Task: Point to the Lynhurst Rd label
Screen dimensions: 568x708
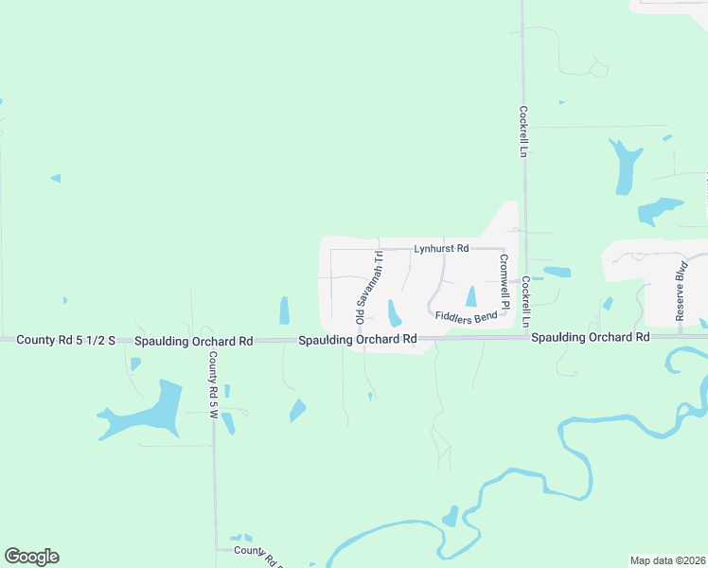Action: [x=441, y=249]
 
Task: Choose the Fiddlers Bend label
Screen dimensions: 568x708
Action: [x=467, y=317]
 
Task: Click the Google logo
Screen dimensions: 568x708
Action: [x=31, y=557]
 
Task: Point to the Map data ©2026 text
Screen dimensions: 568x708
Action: [x=667, y=560]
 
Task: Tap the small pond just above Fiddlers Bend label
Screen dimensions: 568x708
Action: [x=471, y=296]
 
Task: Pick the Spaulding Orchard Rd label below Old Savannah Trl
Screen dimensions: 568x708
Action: [x=358, y=339]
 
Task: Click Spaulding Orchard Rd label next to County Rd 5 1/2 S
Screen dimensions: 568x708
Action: [x=193, y=340]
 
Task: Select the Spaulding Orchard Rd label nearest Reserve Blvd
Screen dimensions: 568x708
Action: [x=589, y=337]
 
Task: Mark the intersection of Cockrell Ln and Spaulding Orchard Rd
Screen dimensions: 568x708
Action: [x=525, y=336]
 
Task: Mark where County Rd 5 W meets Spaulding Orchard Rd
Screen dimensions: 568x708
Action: [x=213, y=341]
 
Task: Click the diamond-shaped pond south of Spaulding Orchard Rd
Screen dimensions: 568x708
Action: [x=297, y=410]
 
